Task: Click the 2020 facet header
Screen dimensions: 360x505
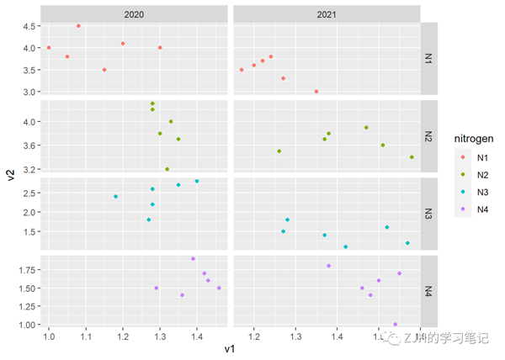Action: point(134,15)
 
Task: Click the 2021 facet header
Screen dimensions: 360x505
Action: point(327,15)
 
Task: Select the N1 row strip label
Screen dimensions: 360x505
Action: point(428,59)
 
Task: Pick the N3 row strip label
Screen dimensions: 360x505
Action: point(428,213)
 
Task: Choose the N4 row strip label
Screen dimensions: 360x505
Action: point(428,290)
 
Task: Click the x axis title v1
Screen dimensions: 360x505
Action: point(230,349)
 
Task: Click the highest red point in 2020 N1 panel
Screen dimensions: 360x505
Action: point(78,26)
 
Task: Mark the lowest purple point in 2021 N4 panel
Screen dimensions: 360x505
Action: point(395,325)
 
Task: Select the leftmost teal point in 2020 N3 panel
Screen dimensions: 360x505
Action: point(115,197)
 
